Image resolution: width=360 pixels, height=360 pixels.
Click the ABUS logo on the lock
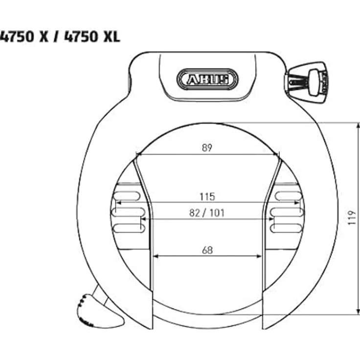click(207, 78)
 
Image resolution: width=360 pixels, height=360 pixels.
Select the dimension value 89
click(207, 148)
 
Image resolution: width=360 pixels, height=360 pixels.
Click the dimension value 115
click(207, 197)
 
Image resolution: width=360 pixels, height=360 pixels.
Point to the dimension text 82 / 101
click(207, 213)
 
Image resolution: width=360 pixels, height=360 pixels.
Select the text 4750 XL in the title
click(97, 36)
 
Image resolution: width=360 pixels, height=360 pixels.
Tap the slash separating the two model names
click(57, 36)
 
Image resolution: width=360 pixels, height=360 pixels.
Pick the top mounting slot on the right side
click(288, 196)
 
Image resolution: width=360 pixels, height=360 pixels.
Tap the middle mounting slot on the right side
click(287, 212)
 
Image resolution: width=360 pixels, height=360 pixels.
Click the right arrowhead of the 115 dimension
click(299, 202)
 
